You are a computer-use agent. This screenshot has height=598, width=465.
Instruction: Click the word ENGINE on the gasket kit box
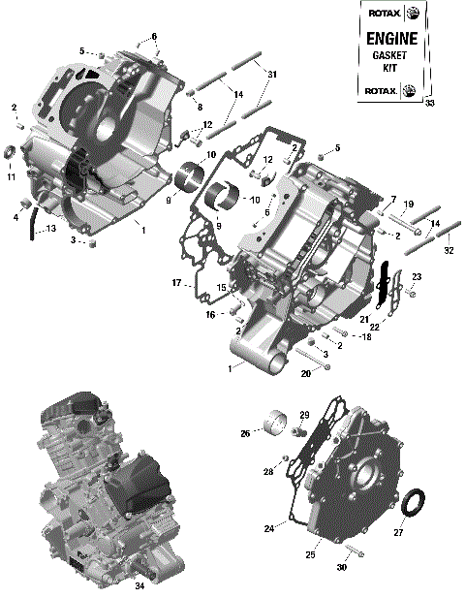(391, 39)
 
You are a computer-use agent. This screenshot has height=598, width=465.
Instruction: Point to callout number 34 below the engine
(139, 585)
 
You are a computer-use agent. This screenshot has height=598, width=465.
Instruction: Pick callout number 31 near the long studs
(272, 75)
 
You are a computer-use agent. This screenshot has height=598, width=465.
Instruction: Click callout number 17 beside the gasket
(176, 283)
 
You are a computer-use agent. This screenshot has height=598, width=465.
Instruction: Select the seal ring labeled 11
(12, 154)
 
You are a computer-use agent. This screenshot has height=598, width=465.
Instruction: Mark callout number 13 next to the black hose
(50, 229)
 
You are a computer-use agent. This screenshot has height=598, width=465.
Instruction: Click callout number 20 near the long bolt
(305, 373)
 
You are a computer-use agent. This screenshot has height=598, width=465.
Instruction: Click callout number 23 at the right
(417, 277)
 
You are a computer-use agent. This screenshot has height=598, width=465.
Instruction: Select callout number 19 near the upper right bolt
(409, 205)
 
